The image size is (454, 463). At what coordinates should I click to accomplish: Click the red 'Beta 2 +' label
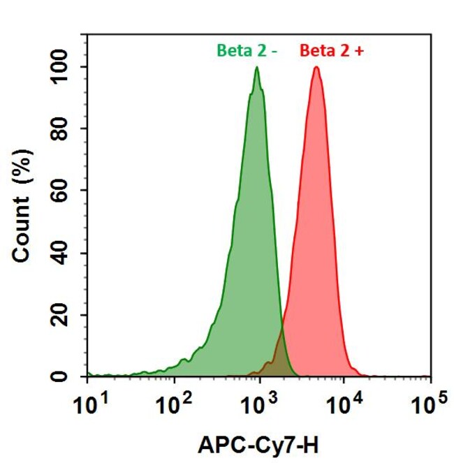332,50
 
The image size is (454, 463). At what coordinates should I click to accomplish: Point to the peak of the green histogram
257,68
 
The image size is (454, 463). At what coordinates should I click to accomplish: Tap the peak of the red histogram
316,68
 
